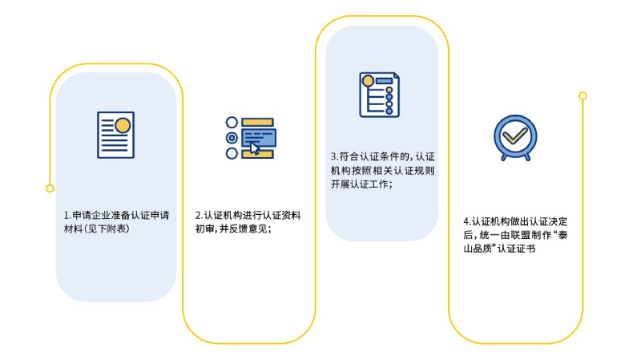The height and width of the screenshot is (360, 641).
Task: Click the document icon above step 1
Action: [x=116, y=135]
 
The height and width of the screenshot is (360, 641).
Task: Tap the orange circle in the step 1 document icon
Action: [x=123, y=125]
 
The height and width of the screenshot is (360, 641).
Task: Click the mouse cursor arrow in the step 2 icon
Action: [x=255, y=148]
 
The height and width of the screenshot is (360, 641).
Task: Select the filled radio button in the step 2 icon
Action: [x=232, y=138]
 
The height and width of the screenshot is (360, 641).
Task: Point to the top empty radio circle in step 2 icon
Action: [x=232, y=123]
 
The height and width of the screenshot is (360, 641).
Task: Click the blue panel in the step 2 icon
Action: [x=258, y=137]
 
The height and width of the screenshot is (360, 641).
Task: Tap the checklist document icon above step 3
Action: [x=379, y=95]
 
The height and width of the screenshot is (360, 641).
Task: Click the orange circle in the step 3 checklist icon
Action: [x=368, y=81]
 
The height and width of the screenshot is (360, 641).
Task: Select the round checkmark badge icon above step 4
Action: [x=514, y=137]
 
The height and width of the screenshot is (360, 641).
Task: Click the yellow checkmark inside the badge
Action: [x=514, y=135]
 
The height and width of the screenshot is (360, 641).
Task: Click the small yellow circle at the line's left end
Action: [x=50, y=188]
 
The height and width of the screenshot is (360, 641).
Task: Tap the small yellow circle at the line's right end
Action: [x=583, y=95]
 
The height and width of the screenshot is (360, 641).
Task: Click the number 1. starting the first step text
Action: [x=67, y=216]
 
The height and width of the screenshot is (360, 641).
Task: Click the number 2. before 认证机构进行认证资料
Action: [x=199, y=216]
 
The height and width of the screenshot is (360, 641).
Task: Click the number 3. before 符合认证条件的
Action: [x=334, y=156]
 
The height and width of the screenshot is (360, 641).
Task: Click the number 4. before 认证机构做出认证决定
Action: [x=466, y=221]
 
